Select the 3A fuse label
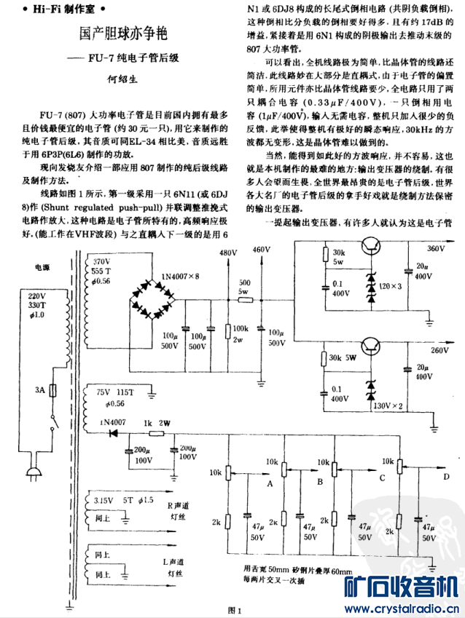41,391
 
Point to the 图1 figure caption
234,610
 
